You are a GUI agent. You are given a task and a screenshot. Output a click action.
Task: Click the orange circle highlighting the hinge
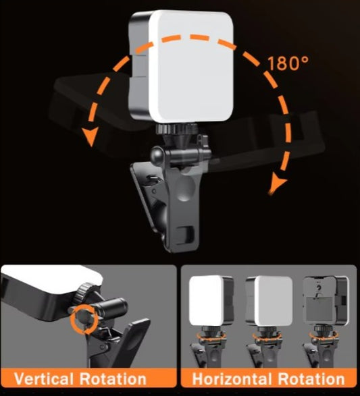tap(84, 316)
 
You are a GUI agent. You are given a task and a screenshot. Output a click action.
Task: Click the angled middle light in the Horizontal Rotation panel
tap(266, 302)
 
